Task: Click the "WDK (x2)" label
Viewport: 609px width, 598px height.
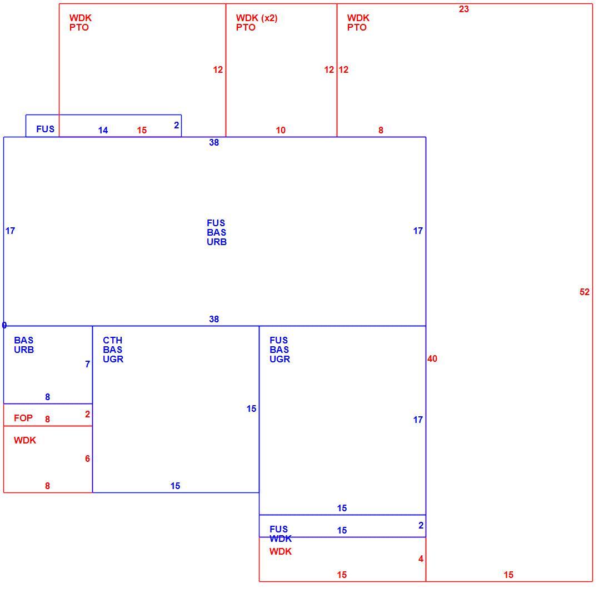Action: coord(257,18)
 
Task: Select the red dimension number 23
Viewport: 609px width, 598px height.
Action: coord(464,9)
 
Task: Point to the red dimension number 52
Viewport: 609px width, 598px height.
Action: coord(585,292)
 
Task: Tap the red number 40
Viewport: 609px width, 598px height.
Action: coord(432,358)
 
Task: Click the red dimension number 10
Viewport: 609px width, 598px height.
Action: coord(281,130)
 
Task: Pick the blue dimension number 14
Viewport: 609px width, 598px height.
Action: coord(103,130)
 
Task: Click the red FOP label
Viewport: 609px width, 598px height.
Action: coord(23,418)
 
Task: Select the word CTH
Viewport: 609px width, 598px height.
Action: coord(113,340)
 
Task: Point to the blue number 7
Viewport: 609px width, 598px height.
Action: coord(88,364)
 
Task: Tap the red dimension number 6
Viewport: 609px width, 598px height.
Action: coord(88,459)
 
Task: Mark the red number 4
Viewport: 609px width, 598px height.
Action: coord(421,559)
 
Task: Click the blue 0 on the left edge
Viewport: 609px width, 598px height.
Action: coord(4,325)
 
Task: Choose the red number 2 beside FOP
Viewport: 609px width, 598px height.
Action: coord(88,414)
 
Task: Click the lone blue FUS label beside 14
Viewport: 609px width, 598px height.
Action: coord(46,129)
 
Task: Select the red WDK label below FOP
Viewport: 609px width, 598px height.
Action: coord(25,440)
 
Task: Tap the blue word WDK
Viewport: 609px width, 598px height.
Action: coord(281,539)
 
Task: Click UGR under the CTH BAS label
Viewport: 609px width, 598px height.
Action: coord(113,359)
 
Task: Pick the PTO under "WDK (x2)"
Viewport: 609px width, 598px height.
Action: coord(246,27)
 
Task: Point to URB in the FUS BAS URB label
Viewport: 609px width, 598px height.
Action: coord(217,242)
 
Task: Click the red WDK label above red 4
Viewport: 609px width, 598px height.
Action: coord(281,551)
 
